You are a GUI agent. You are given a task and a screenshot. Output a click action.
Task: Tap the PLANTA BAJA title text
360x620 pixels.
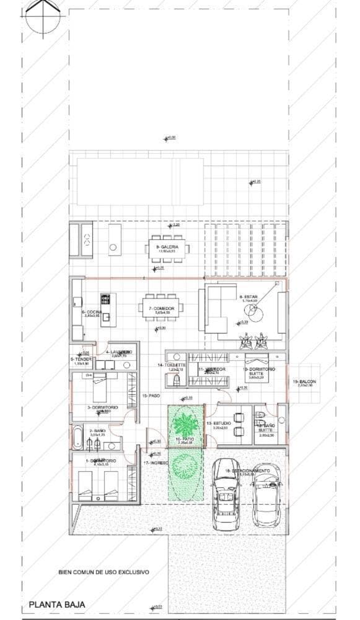(56, 604)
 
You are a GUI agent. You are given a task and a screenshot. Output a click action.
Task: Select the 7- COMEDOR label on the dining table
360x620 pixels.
(160, 308)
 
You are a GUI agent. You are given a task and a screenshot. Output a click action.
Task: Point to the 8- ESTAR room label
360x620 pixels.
(248, 297)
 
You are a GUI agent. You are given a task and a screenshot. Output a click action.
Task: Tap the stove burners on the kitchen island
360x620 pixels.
(105, 299)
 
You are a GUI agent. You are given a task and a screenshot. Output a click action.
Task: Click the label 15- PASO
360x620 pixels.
(151, 395)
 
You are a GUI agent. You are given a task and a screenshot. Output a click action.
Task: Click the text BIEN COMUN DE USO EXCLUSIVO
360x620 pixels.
(103, 573)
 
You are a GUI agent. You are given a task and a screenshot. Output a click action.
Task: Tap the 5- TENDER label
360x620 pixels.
(81, 359)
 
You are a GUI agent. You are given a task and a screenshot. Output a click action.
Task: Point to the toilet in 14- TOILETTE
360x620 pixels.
(175, 379)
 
